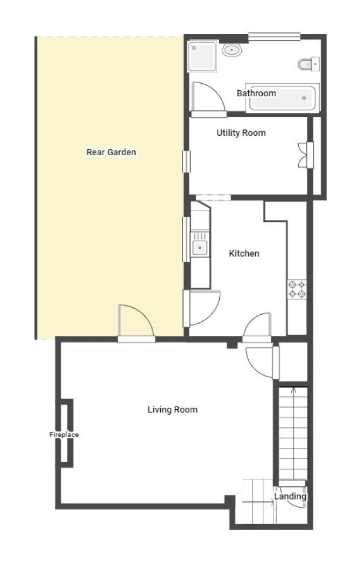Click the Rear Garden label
pos(111,152)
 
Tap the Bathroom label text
pos(256,93)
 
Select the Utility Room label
pos(241,133)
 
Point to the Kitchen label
pos(244,253)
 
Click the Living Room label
pos(172,410)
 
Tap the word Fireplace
pos(64,435)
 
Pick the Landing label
pos(290,496)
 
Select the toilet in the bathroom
pos(309,64)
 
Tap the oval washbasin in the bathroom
pos(231,50)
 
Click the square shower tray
pos(202,56)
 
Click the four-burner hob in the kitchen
pos(297,290)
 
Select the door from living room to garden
pos(136,323)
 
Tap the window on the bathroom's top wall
pos(275,37)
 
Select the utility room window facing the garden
pos(186,162)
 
